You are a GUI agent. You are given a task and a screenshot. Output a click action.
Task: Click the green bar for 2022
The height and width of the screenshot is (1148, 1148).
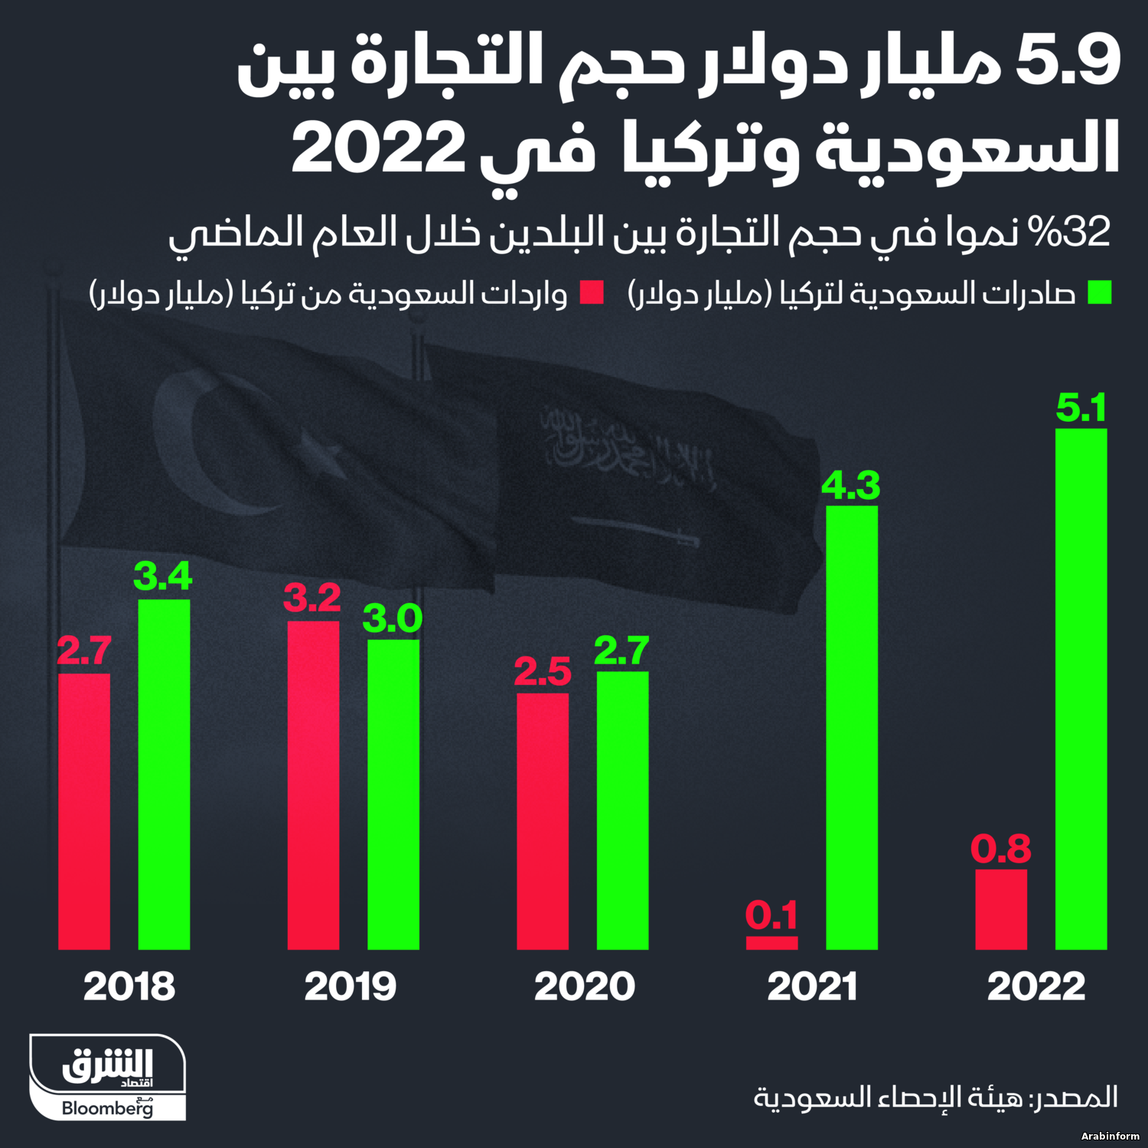[x=1081, y=689]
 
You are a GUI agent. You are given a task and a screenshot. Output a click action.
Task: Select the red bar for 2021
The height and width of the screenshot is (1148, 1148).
[x=771, y=943]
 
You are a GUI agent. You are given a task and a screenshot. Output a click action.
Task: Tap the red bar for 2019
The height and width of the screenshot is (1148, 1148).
[x=313, y=784]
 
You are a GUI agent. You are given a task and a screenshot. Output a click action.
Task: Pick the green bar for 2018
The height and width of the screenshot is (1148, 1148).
[x=164, y=773]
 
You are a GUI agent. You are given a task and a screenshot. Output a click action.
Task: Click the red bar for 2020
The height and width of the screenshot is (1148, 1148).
[x=543, y=820]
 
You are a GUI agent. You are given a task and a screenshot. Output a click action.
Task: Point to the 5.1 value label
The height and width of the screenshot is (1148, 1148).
[x=1081, y=407]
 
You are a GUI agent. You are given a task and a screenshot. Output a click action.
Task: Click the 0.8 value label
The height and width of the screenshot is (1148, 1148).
[x=1001, y=849]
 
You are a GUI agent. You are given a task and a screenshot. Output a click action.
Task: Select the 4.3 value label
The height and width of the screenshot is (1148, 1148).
[x=851, y=485]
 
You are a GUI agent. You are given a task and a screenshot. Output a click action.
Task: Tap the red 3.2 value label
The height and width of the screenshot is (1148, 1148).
[x=312, y=598]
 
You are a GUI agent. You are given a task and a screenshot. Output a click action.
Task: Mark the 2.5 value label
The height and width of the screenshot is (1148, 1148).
[x=543, y=672]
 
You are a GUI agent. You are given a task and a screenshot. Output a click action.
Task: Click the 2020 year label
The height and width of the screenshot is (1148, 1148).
[x=584, y=986]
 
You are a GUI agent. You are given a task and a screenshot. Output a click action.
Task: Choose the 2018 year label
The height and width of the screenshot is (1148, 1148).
[x=129, y=986]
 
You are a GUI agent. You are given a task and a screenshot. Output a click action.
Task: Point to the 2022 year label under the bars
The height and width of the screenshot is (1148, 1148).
[x=1036, y=986]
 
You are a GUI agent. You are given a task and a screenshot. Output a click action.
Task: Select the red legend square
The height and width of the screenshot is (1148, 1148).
[x=592, y=293]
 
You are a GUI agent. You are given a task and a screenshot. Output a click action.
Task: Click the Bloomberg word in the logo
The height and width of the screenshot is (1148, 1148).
[x=107, y=1107]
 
